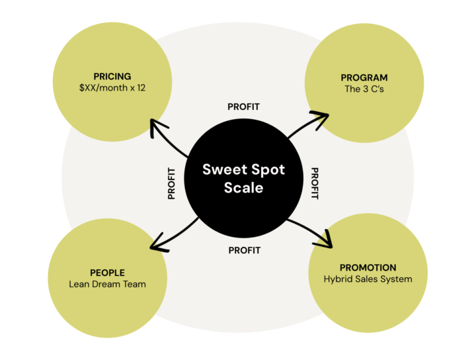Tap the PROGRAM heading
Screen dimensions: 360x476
pyautogui.click(x=360, y=77)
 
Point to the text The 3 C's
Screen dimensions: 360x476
pyautogui.click(x=360, y=89)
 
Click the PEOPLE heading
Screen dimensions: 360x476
pyautogui.click(x=107, y=273)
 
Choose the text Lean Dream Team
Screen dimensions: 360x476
pyautogui.click(x=107, y=284)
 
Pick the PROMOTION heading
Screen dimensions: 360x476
pyautogui.click(x=368, y=267)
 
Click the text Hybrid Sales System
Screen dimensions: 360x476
pyautogui.click(x=368, y=279)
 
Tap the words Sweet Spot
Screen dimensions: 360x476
pyautogui.click(x=243, y=169)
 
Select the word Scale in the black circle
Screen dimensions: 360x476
pyautogui.click(x=243, y=187)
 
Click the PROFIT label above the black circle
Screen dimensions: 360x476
pyautogui.click(x=243, y=107)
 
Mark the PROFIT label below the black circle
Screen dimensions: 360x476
pyautogui.click(x=245, y=250)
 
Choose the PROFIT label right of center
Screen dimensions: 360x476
pyautogui.click(x=315, y=183)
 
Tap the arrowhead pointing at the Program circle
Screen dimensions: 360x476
pyautogui.click(x=321, y=117)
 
